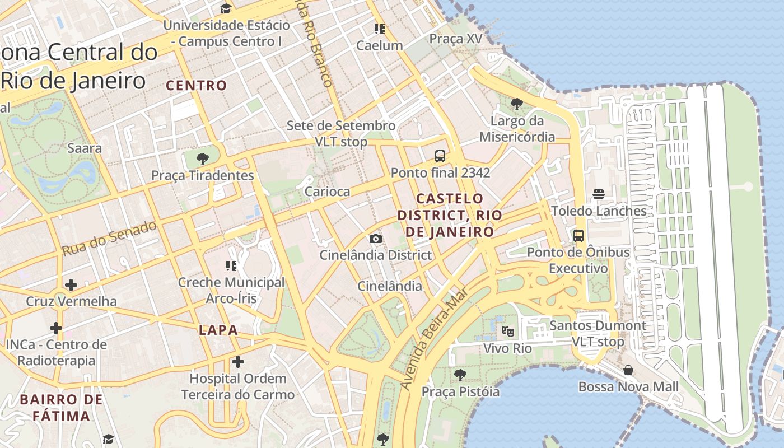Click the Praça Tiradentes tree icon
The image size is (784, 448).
(203, 158)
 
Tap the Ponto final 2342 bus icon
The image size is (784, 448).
(440, 156)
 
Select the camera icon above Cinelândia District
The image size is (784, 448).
(376, 239)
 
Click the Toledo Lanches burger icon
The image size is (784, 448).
(599, 194)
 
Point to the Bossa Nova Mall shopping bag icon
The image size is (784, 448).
(628, 370)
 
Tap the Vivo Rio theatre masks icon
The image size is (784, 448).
(507, 331)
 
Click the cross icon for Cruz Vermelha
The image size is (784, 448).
(71, 285)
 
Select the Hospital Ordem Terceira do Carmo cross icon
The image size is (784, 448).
(238, 362)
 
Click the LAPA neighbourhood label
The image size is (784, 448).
(218, 330)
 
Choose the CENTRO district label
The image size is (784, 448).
(197, 86)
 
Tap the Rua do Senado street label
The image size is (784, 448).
(109, 239)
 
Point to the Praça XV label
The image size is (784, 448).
(455, 39)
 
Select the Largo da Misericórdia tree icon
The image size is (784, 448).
(516, 104)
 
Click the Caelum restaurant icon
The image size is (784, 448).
(380, 29)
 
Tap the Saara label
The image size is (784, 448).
(85, 148)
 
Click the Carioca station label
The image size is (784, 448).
(327, 192)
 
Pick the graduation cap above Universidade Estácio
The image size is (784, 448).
(226, 8)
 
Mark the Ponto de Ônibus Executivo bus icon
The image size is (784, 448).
(578, 236)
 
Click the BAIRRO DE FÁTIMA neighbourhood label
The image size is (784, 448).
(62, 408)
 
